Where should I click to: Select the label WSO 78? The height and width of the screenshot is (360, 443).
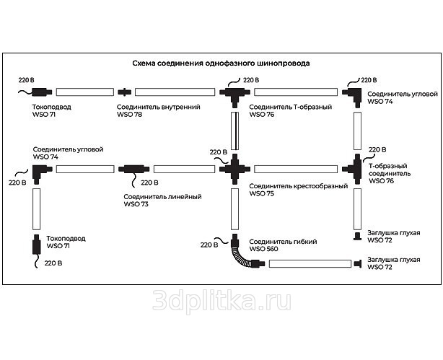coord(130,115)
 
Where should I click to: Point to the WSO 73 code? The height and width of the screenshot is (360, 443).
coord(136,205)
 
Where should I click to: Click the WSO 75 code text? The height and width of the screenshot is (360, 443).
coord(261,194)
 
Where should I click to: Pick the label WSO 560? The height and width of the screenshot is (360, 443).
coord(263,250)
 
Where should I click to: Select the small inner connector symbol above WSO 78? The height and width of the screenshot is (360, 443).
coord(125,92)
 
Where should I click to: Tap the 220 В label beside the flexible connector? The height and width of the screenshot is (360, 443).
coord(206,245)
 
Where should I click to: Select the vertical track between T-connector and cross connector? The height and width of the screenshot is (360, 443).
coord(234,131)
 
